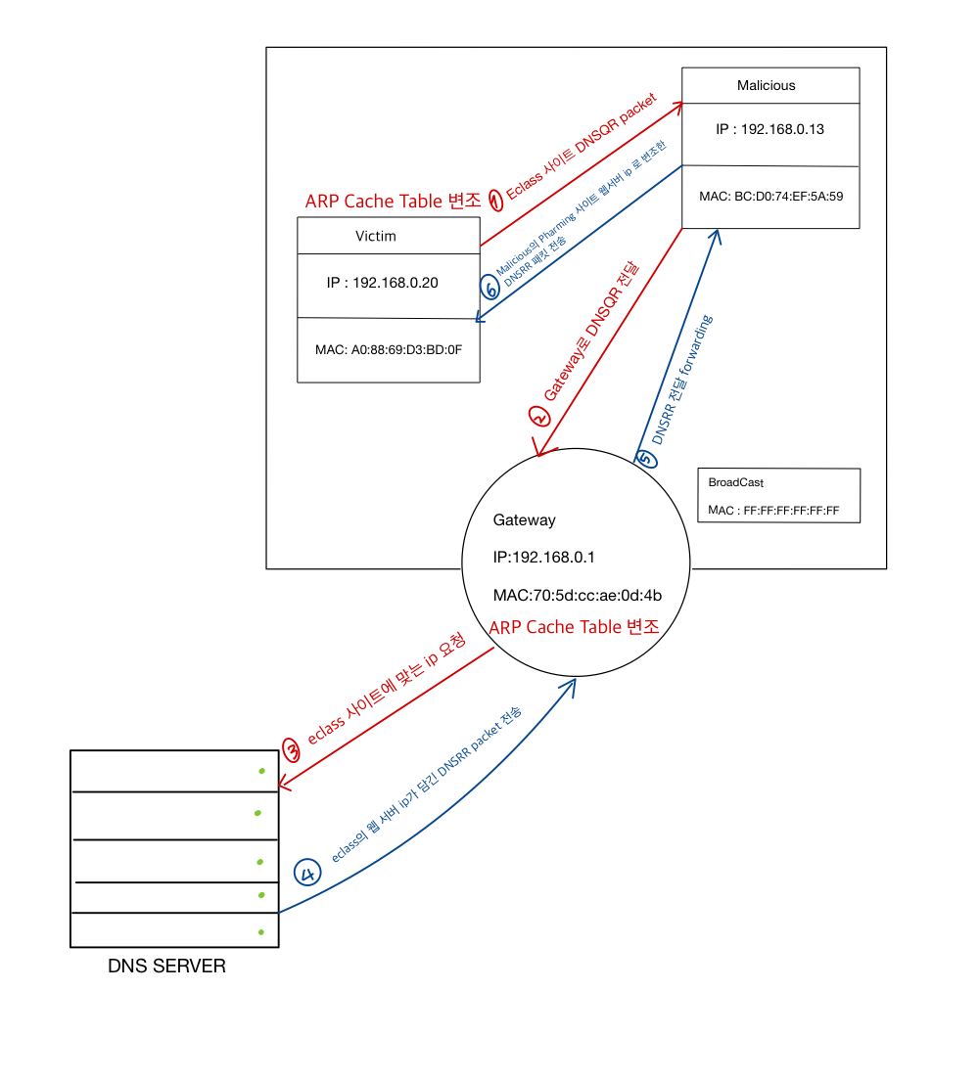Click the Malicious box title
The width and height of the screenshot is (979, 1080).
(x=766, y=85)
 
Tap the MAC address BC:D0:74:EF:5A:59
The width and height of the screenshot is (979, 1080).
(x=770, y=196)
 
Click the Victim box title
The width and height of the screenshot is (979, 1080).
(x=376, y=236)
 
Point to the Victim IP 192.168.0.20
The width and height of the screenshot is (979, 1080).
(x=382, y=283)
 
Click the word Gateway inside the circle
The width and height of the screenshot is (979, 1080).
(x=524, y=520)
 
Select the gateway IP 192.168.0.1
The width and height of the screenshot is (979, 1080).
(x=544, y=557)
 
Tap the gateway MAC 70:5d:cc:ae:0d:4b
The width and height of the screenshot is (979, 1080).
(x=578, y=594)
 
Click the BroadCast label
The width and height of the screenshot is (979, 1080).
(x=735, y=483)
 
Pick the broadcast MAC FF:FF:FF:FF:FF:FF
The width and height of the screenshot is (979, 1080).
(x=774, y=511)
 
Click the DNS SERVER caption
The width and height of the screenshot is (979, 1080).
(x=166, y=967)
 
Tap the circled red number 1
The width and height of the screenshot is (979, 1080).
(x=495, y=201)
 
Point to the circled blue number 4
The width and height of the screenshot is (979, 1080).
(x=307, y=873)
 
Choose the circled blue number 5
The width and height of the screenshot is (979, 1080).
(x=644, y=458)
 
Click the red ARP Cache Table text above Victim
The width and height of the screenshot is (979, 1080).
(x=393, y=202)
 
